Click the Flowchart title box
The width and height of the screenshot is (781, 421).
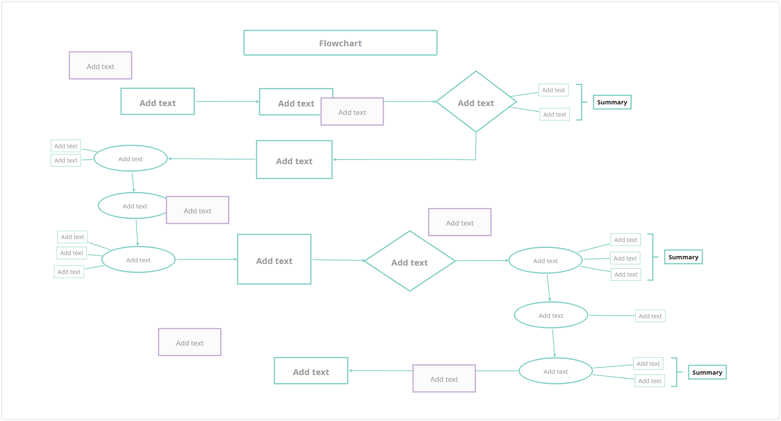point(340,43)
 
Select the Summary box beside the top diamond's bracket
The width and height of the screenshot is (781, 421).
point(612,102)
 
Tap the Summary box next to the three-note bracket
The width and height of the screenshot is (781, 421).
point(683,257)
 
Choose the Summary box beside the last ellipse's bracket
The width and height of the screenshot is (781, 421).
point(707,372)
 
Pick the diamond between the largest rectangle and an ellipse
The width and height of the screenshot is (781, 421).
point(409,261)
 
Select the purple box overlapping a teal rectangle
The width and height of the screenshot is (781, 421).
point(352,112)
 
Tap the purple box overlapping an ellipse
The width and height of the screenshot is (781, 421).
point(197,210)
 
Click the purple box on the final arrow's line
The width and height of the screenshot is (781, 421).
point(444,378)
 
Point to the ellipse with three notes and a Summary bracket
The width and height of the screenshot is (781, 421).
point(545,261)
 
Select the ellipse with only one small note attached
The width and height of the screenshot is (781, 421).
point(551,315)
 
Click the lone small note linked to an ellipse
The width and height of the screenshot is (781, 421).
point(650,316)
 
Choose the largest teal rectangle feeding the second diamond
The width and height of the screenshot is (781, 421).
point(274,259)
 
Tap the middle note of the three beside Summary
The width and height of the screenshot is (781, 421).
point(625,258)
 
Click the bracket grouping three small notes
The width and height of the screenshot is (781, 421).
point(653,257)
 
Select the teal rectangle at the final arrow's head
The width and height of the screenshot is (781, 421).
point(311,371)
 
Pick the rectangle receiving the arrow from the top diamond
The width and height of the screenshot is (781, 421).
point(294,160)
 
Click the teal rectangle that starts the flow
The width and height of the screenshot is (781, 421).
point(158,101)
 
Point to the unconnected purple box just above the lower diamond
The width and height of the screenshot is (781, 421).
point(460,222)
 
